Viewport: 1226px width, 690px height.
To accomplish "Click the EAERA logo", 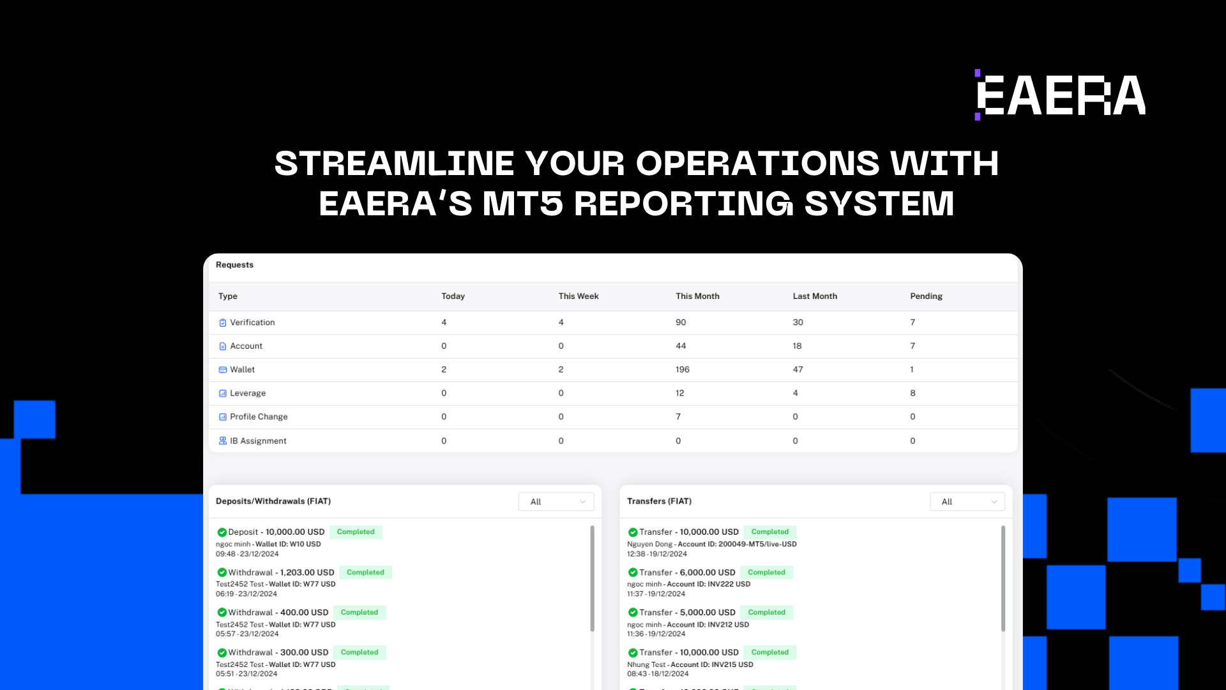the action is pos(1060,95).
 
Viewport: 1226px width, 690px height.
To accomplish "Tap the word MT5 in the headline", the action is pos(523,204).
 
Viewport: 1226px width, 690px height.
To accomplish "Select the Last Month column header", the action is pos(815,296).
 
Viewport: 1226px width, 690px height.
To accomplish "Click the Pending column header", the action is pos(926,296).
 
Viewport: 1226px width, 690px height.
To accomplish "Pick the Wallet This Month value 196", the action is pos(683,369).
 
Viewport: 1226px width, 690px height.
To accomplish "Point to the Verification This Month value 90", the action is pos(681,322).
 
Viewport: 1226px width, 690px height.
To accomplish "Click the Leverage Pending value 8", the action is pos(912,393).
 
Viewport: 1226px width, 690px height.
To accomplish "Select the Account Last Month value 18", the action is pos(797,346).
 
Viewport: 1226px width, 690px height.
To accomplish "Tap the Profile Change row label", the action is pos(259,417).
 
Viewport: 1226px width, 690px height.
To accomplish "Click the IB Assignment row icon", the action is pos(223,441).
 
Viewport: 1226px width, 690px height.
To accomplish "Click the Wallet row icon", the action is pos(223,370).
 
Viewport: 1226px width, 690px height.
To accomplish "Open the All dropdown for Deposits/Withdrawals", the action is pos(556,502).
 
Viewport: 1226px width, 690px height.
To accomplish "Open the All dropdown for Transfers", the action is pos(967,502).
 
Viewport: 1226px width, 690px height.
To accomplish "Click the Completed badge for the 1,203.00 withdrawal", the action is pos(365,572).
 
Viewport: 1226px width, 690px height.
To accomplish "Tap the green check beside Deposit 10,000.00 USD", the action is pos(222,532).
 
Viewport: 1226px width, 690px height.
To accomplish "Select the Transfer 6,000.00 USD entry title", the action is pos(687,572).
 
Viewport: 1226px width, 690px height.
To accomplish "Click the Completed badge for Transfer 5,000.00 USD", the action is pos(766,612).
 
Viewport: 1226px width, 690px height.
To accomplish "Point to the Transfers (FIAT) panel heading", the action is pos(659,502).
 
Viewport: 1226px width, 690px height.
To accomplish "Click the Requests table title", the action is pos(234,265).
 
